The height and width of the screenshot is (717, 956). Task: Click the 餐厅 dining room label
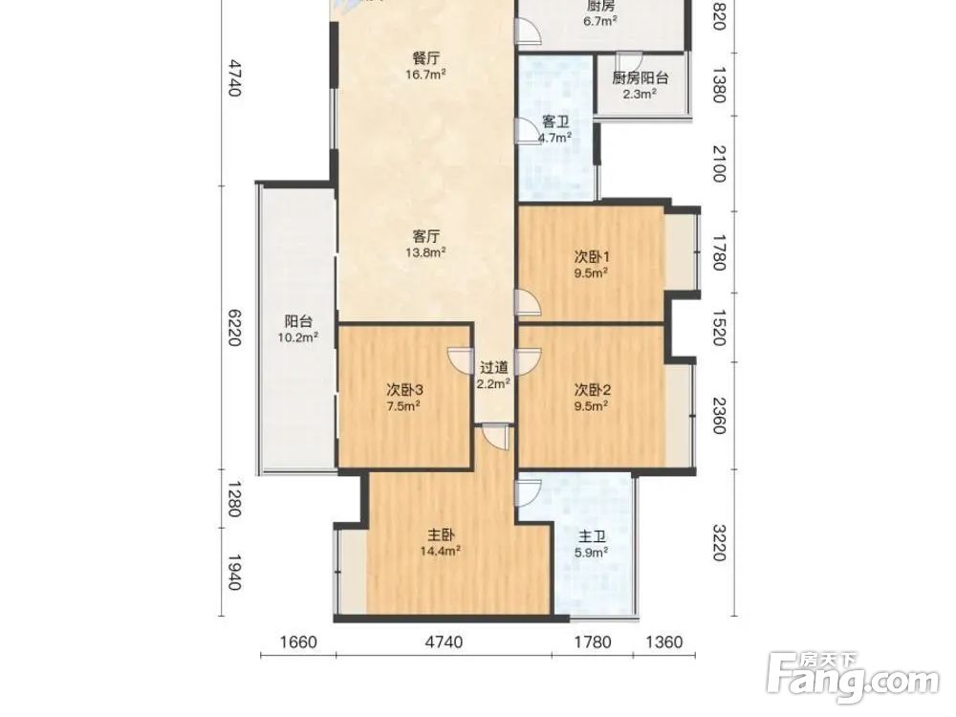click(x=426, y=58)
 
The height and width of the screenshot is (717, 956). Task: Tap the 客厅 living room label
click(x=426, y=236)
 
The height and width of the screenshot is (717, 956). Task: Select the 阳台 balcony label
click(x=298, y=321)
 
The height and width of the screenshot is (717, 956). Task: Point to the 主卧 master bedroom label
click(x=440, y=535)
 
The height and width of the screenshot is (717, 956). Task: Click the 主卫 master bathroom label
click(x=592, y=537)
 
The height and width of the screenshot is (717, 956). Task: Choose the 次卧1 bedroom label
click(x=592, y=256)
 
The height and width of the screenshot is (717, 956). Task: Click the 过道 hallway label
click(x=494, y=368)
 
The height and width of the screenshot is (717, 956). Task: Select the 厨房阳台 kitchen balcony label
click(x=641, y=78)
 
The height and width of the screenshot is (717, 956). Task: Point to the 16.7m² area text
click(x=426, y=75)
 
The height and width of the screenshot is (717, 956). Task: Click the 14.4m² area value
click(x=440, y=552)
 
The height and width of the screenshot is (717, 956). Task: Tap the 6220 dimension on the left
click(x=234, y=327)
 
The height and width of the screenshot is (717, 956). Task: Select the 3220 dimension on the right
click(x=720, y=543)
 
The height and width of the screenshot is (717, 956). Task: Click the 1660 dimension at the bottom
click(x=298, y=642)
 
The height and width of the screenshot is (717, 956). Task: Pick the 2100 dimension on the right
click(x=720, y=163)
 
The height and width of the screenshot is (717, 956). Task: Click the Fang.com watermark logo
click(x=853, y=678)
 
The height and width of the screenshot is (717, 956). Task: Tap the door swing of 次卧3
click(x=462, y=360)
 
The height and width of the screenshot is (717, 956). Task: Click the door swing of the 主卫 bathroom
click(x=529, y=492)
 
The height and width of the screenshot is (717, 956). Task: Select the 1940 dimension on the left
click(x=234, y=572)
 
